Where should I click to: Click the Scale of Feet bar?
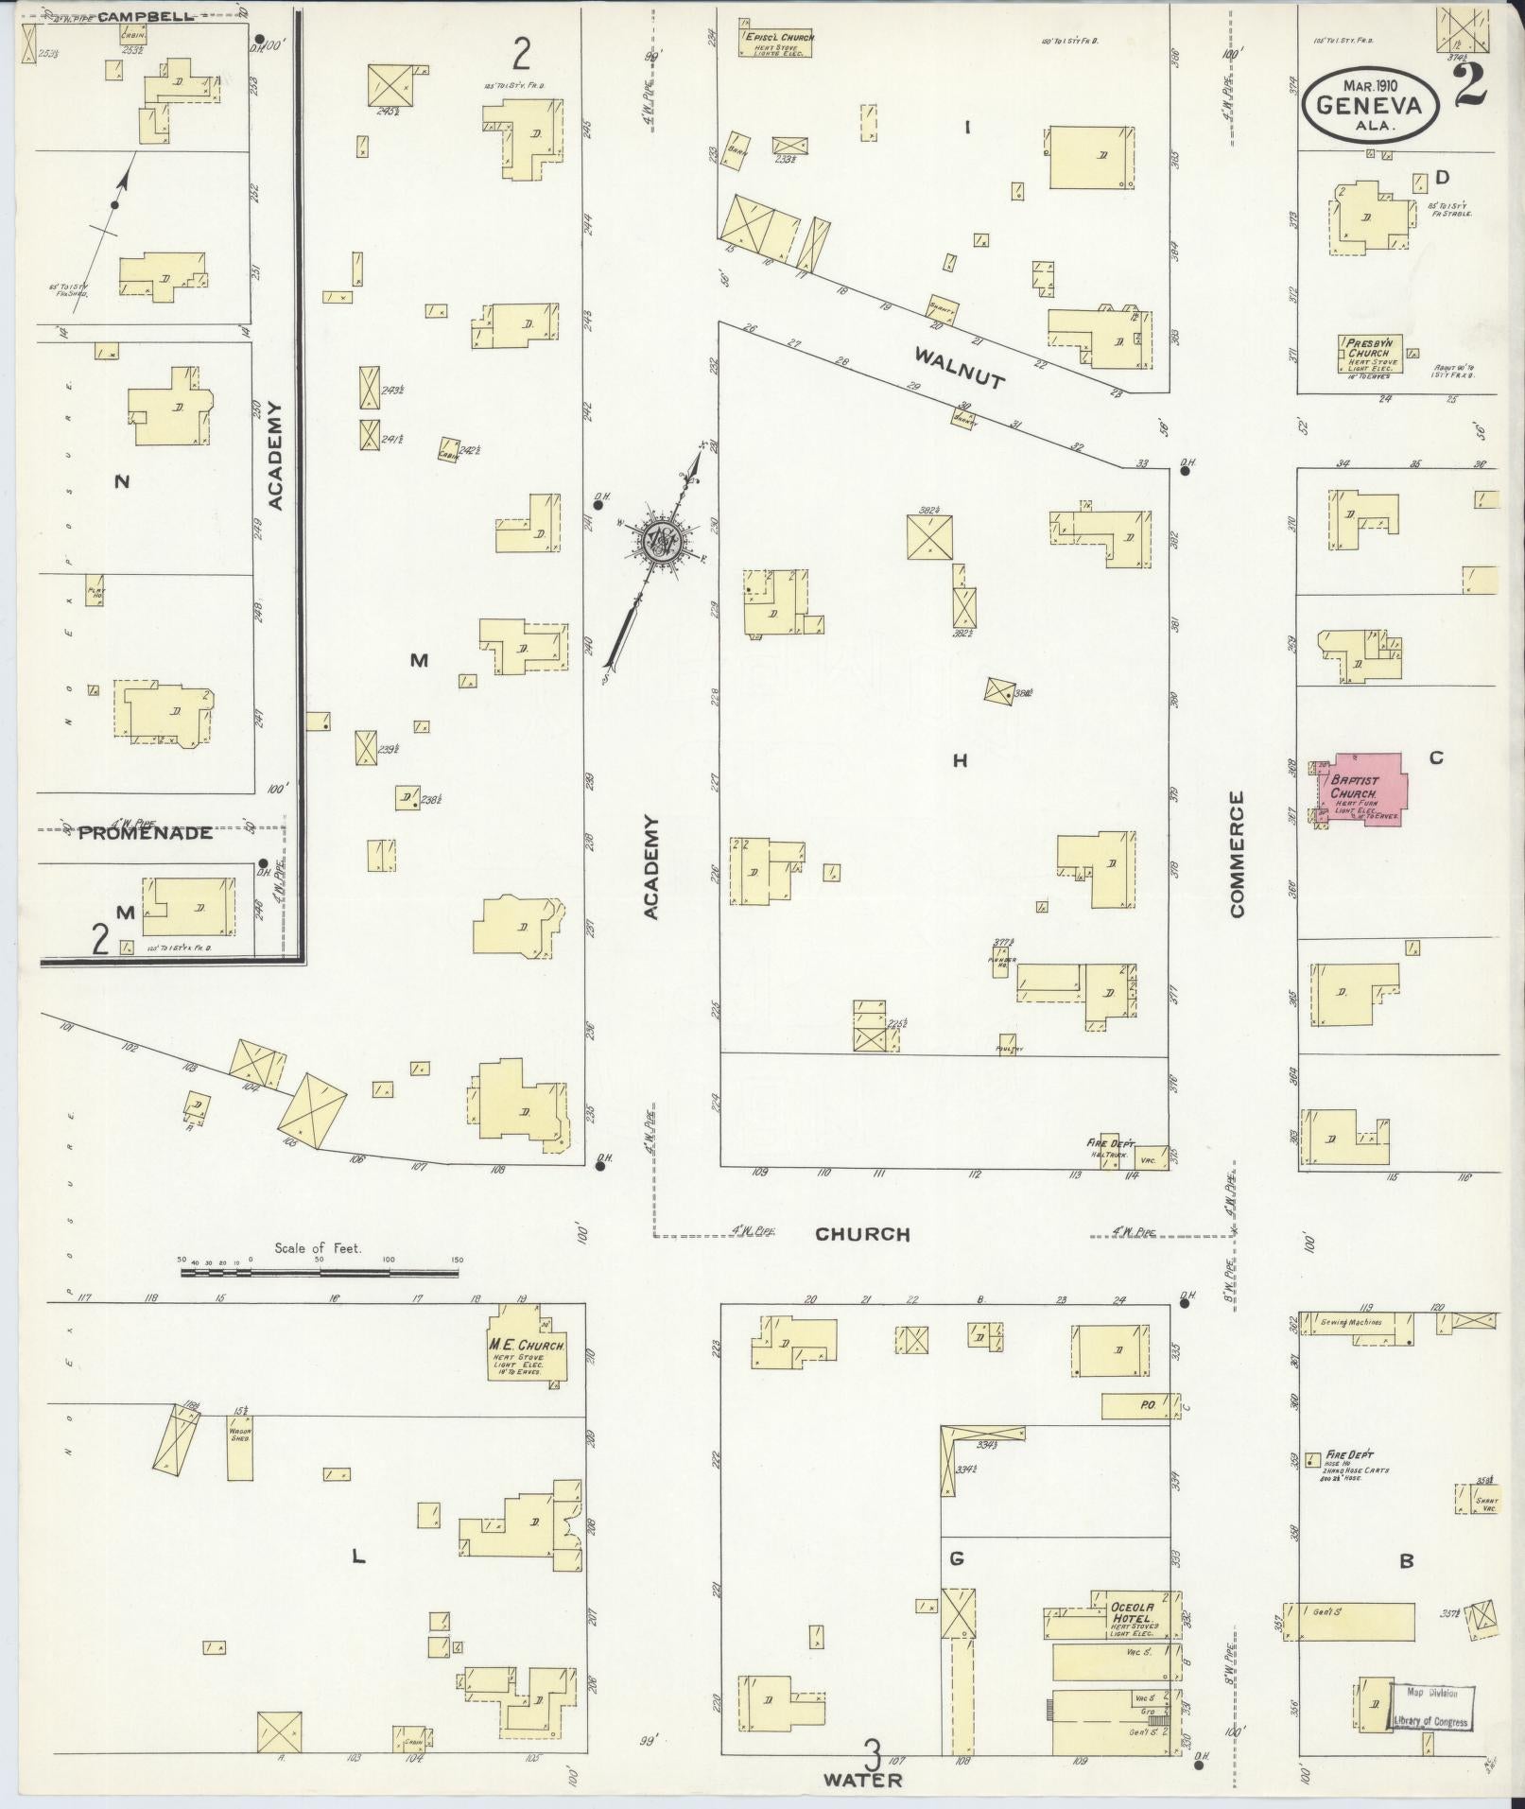[x=319, y=1274]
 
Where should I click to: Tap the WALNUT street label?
[x=958, y=369]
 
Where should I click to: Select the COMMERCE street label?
[x=1238, y=855]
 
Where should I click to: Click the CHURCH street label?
[x=862, y=1234]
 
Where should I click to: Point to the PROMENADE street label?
[x=145, y=833]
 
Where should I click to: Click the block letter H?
[x=960, y=760]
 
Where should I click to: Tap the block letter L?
[x=357, y=1556]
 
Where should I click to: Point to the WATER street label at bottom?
[x=862, y=1780]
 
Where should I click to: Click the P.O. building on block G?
[x=1142, y=1406]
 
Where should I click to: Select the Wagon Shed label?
[x=239, y=1462]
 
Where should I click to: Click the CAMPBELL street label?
[x=145, y=16]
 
